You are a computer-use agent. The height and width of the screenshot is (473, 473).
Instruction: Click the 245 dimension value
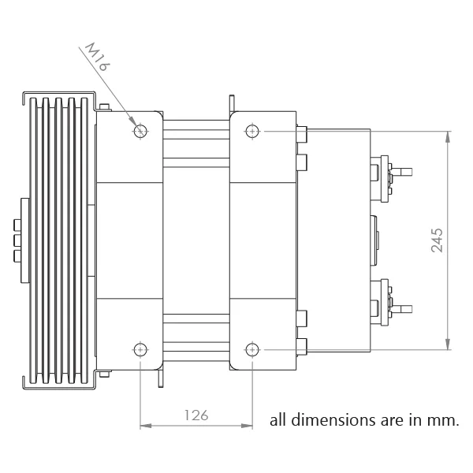point(438,240)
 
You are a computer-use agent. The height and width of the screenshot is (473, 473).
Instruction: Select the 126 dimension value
point(196,415)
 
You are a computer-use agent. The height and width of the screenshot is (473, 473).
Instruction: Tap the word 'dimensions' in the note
point(328,419)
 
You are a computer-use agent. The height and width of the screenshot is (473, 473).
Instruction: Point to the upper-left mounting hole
point(140,131)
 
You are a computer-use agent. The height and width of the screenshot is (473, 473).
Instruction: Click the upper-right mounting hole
point(252,131)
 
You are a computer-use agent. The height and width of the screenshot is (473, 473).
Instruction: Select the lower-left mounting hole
point(140,348)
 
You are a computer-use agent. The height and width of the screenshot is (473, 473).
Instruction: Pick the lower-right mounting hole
point(252,348)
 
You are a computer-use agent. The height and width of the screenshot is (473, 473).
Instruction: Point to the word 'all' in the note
point(278,419)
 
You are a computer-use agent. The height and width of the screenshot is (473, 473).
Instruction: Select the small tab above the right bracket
point(233,103)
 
